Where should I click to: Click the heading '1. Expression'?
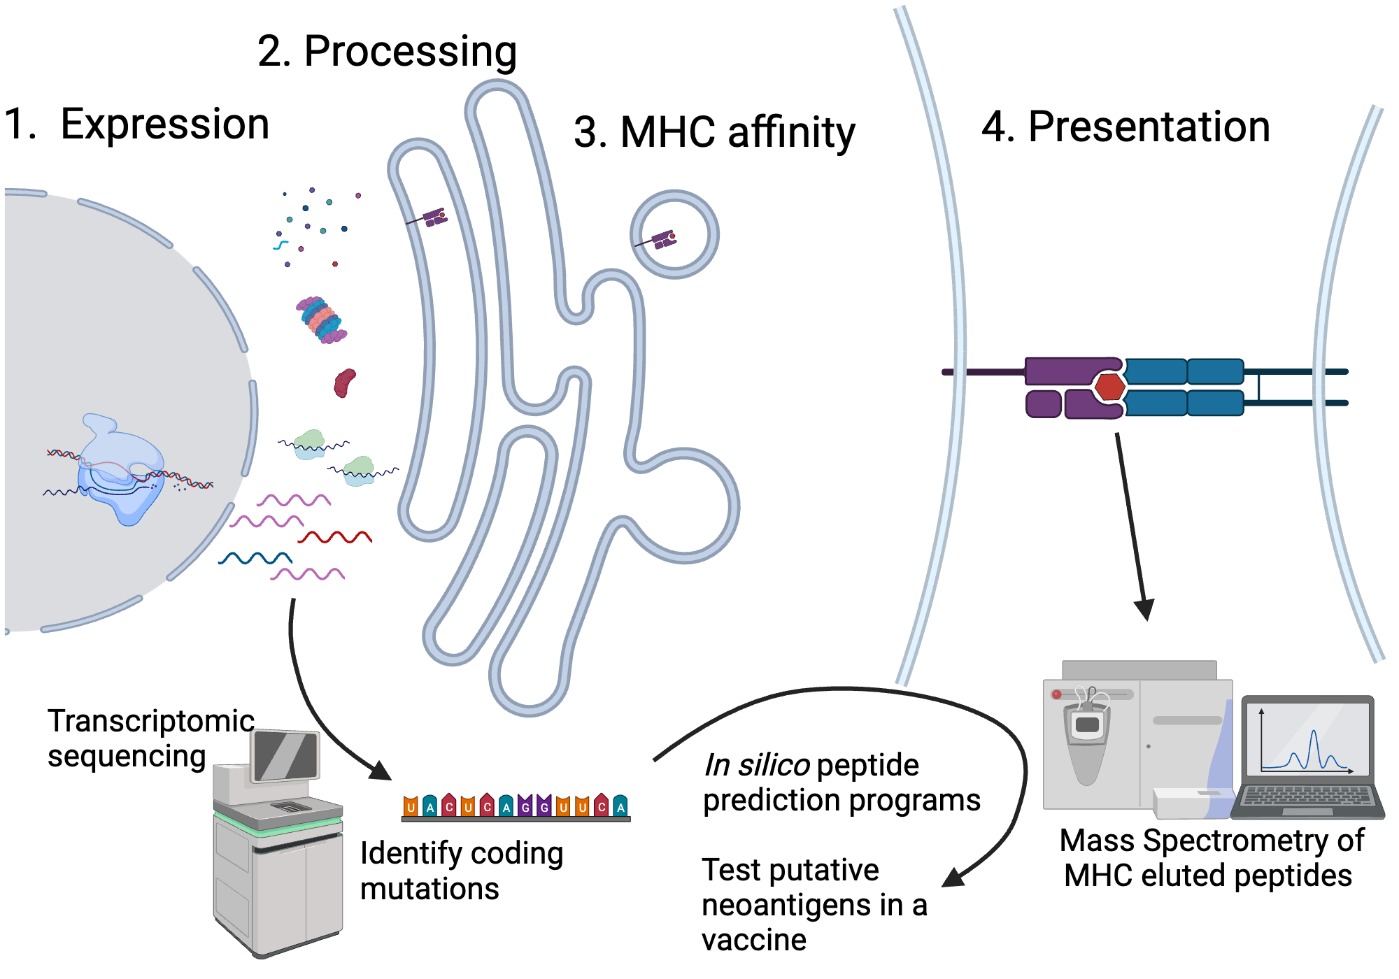(136, 124)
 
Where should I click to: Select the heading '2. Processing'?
(387, 52)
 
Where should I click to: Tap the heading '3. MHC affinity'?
(714, 132)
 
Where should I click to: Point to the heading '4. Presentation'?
(1125, 127)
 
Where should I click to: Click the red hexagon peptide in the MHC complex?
(1109, 387)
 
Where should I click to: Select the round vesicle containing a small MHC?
(674, 235)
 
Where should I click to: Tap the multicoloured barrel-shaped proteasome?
(321, 320)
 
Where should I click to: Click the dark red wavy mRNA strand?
(334, 537)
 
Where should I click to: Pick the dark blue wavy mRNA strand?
(255, 558)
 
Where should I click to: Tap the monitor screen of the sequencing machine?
(285, 755)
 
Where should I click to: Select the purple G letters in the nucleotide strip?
(534, 806)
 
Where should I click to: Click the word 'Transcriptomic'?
(150, 721)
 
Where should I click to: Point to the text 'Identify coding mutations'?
(460, 871)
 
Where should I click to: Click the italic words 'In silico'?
(756, 765)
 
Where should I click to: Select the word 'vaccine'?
(753, 940)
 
